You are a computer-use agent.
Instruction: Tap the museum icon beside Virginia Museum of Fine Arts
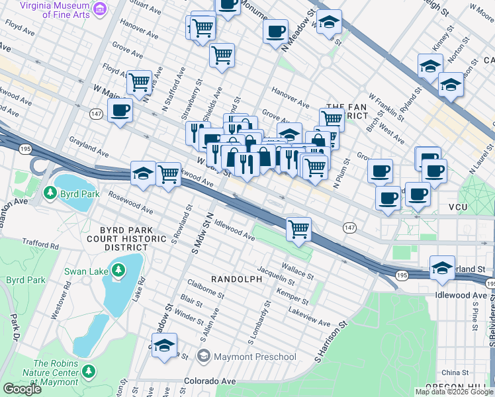click(x=99, y=9)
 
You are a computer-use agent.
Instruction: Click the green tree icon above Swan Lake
click(x=118, y=270)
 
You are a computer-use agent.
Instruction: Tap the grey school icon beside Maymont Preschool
click(x=204, y=357)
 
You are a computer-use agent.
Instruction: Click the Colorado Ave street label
click(x=210, y=381)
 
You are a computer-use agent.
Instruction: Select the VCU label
click(x=458, y=207)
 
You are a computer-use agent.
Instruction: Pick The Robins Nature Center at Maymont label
click(x=60, y=373)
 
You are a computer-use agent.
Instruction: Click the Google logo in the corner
click(x=22, y=388)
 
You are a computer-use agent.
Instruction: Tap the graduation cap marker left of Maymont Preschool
click(x=165, y=345)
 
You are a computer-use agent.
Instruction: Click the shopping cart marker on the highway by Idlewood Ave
click(x=299, y=229)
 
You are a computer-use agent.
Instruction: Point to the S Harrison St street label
click(x=331, y=343)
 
